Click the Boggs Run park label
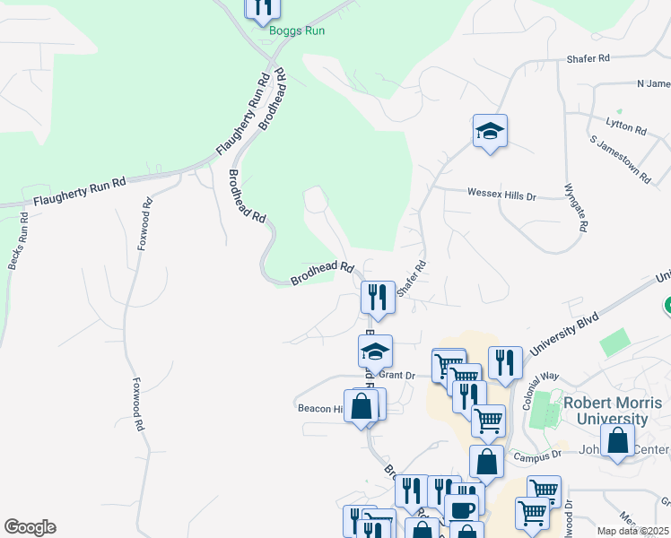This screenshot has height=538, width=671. pos(296,30)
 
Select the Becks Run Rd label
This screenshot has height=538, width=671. pos(19,243)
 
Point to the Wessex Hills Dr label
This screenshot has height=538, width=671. pos(501,194)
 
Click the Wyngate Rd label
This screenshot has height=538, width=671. pos(575,208)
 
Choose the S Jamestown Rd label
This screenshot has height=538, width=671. pos(620,159)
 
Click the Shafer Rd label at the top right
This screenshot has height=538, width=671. pos(588,58)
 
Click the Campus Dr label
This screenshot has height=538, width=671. pos(536,455)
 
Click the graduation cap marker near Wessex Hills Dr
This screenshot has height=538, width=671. pos(490,132)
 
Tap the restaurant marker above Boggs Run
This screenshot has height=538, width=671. pos(262,7)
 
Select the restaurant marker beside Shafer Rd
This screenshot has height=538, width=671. pos(378,297)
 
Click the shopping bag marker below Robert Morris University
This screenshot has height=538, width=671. pos(617,441)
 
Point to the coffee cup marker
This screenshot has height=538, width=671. pos(461,511)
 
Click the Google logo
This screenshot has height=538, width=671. pos(30,527)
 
